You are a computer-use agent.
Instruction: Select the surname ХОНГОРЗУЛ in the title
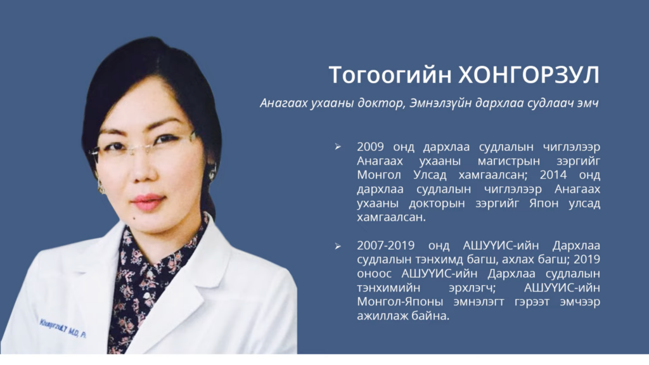[529, 75]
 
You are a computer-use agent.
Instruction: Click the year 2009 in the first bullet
[370, 147]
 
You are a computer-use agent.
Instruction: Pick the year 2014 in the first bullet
[553, 175]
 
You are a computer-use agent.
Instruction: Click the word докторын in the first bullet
[437, 203]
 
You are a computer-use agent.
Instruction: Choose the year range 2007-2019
[386, 246]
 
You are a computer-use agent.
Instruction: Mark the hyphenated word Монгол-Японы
[400, 302]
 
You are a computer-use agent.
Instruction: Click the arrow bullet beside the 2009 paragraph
[338, 147]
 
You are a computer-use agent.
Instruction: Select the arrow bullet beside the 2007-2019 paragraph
[338, 247]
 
